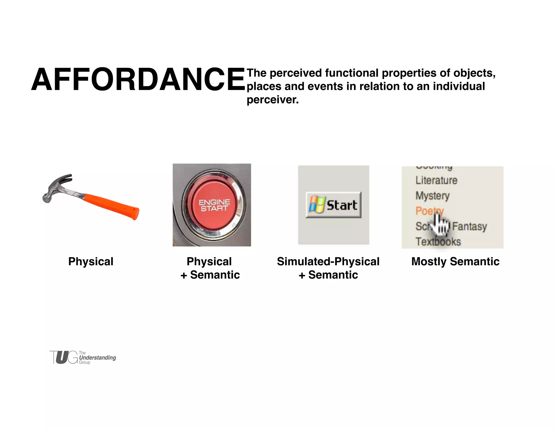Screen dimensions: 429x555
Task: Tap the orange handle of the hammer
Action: [111, 206]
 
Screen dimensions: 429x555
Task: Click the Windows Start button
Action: [334, 205]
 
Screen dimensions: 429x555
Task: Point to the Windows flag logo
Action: [317, 204]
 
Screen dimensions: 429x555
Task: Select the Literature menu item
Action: [436, 180]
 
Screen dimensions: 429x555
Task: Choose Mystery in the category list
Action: [433, 196]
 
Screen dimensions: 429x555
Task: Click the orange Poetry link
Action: [425, 211]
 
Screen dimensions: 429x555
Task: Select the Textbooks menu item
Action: [438, 242]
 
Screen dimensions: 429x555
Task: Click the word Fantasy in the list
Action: [470, 226]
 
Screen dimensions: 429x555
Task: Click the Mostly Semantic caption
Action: [455, 262]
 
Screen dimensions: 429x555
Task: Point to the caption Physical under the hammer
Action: [91, 262]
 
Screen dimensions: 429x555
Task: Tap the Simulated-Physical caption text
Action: [328, 262]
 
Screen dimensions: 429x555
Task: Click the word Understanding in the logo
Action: [98, 358]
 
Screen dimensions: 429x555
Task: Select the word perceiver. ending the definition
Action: [273, 100]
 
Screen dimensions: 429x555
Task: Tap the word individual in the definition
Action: [459, 87]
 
